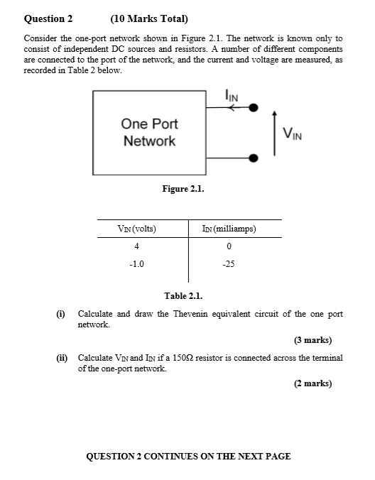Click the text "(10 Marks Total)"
[x=144, y=18]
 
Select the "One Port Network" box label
[x=149, y=132]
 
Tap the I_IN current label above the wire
[x=232, y=95]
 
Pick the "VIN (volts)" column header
[x=136, y=229]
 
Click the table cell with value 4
[x=136, y=246]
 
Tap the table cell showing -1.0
[x=136, y=264]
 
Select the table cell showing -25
[x=228, y=264]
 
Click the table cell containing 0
[x=229, y=246]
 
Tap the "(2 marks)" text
[x=313, y=383]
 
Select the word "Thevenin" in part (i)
[x=195, y=313]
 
